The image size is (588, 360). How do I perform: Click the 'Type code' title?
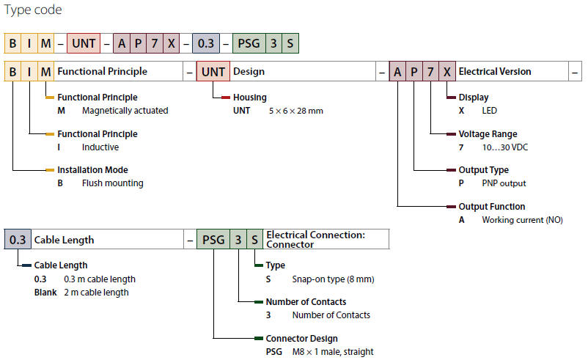tap(33, 10)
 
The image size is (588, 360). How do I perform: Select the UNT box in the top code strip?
tap(84, 43)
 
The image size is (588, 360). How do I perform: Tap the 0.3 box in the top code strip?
tap(205, 43)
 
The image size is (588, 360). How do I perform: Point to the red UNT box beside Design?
tap(213, 72)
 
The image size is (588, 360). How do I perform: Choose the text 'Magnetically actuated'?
tap(125, 111)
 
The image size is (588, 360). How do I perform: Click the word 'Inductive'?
tap(100, 147)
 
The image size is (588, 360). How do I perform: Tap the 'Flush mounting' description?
tap(112, 183)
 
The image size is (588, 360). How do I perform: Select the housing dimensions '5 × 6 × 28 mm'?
tap(296, 111)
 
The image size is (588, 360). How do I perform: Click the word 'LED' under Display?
tap(489, 111)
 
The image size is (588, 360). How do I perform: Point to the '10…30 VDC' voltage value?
tap(504, 147)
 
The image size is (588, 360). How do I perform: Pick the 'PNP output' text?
tap(504, 183)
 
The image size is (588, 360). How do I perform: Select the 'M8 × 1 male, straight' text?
tap(332, 351)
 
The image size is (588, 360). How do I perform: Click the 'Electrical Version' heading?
tap(495, 72)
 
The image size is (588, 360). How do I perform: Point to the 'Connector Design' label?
tap(301, 338)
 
